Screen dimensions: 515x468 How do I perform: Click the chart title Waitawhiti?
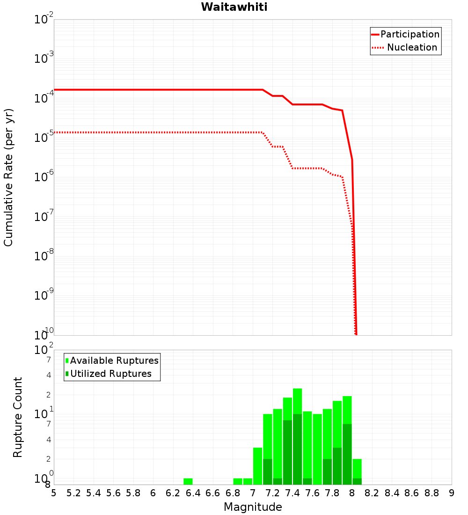coord(234,7)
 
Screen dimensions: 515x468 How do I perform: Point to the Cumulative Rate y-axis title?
coord(8,177)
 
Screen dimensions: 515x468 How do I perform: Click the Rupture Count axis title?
coord(18,417)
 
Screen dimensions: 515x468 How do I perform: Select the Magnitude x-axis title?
coord(253,507)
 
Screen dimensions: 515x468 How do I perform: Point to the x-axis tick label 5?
coord(54,493)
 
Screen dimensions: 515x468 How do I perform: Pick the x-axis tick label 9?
coord(452,493)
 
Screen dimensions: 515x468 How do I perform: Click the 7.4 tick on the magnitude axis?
coord(292,493)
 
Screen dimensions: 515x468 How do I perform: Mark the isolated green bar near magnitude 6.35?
coord(188,481)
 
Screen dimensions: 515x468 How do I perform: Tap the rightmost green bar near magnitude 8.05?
coord(357,468)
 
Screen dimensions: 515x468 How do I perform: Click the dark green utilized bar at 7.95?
coord(347,454)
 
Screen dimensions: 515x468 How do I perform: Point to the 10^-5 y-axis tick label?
coord(44,138)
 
